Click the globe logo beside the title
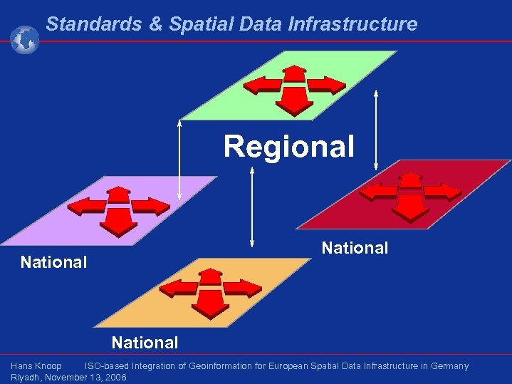pos(24,39)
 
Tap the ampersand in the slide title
pos(156,24)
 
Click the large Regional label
pos(288,147)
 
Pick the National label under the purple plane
pos(53,262)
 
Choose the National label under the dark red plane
pos(355,248)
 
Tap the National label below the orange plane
pos(145,343)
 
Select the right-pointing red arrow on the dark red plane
pos(442,192)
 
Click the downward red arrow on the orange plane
pos(211,306)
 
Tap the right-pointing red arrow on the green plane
pos(325,86)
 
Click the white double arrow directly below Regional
pos(252,207)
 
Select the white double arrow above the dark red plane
pos(376,130)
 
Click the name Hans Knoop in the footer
pos(36,366)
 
